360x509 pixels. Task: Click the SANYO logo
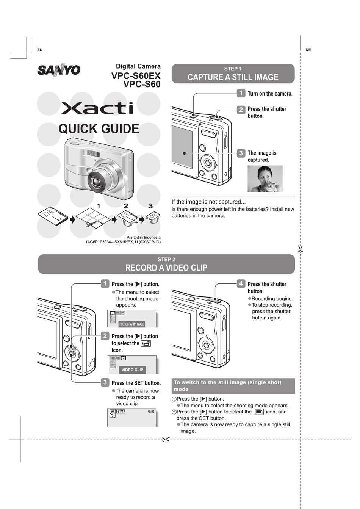tap(59, 70)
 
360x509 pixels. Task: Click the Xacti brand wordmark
tap(97, 108)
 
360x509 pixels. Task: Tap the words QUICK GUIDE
tap(99, 129)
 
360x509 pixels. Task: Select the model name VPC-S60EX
tap(136, 76)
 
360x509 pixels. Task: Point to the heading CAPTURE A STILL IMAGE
tap(233, 77)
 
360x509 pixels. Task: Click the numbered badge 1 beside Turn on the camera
tap(241, 93)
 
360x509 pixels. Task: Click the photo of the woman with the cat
tap(265, 179)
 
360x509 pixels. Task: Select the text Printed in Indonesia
tap(143, 238)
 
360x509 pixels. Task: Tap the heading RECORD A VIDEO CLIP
tap(166, 268)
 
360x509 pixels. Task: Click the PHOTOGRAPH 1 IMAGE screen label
tap(131, 324)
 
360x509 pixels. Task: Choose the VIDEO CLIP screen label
tap(132, 370)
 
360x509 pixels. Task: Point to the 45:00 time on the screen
tap(151, 412)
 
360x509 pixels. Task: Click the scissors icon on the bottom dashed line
tap(166, 439)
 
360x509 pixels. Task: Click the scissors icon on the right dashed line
tap(300, 249)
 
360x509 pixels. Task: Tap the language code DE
tap(308, 50)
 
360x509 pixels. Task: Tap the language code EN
tap(40, 50)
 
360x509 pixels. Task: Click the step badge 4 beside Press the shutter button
tap(241, 283)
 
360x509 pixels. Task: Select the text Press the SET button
tap(136, 383)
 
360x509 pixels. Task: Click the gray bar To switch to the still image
tap(233, 386)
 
